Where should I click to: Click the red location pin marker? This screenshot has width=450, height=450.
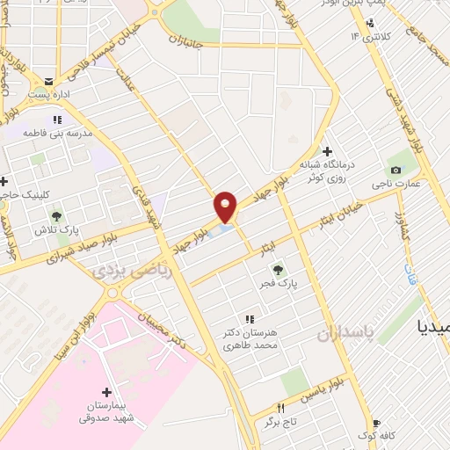(x=226, y=207)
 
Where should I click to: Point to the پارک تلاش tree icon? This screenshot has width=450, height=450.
(x=57, y=214)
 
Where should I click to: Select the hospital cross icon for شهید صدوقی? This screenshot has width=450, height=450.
(x=107, y=393)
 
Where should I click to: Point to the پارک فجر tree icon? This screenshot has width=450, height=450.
(x=278, y=271)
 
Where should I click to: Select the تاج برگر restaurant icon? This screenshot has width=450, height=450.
(x=281, y=408)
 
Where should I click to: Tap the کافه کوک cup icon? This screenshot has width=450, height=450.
(x=377, y=423)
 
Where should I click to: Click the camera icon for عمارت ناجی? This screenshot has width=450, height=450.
(x=396, y=170)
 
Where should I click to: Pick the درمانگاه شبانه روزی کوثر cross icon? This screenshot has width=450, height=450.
(x=327, y=151)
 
